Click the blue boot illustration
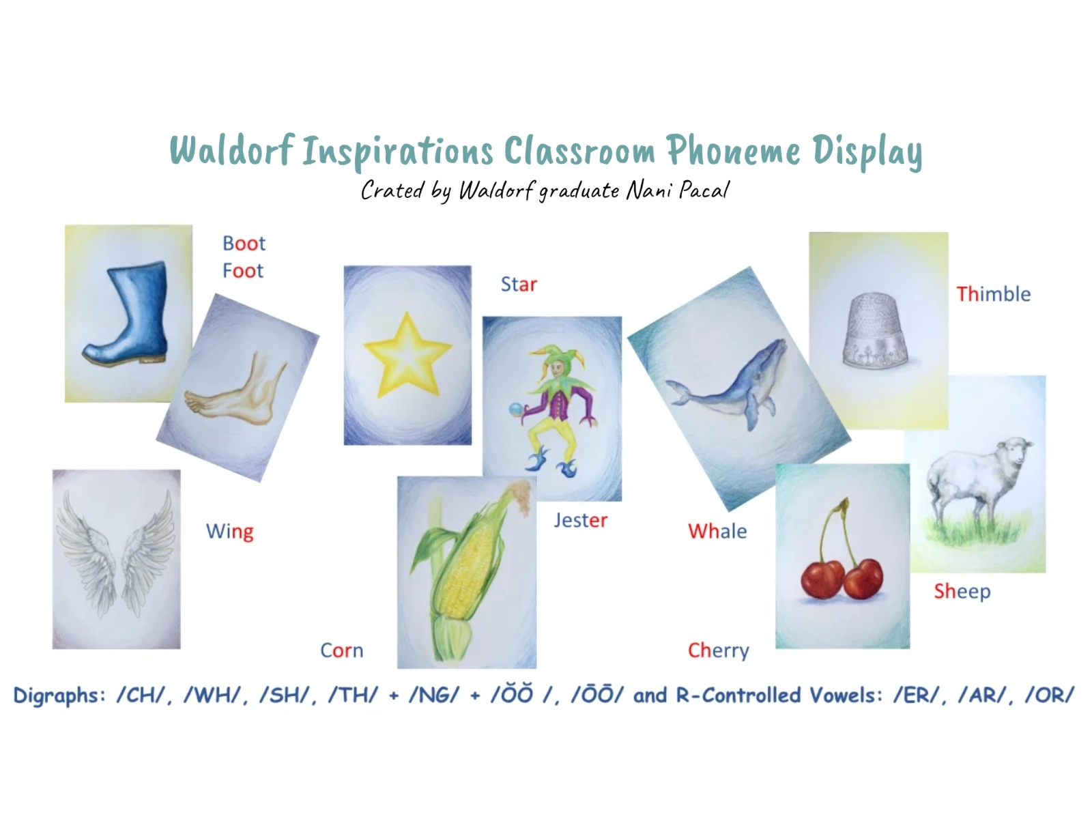(127, 313)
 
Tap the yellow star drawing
(407, 355)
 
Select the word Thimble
(993, 294)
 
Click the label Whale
(717, 531)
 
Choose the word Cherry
(719, 650)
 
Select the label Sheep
(962, 592)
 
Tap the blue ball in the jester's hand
(515, 409)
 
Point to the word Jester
(581, 520)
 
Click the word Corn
(341, 650)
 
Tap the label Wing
(230, 532)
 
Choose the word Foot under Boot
(243, 270)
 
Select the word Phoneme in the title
(734, 151)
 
